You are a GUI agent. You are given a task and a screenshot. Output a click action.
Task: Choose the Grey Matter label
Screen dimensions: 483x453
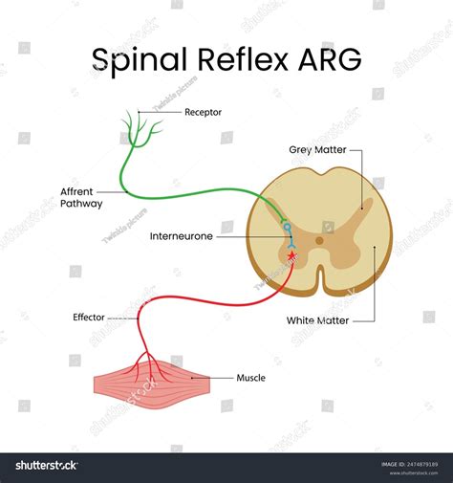click(x=317, y=150)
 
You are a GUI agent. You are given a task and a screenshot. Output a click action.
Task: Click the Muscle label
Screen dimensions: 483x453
click(x=250, y=378)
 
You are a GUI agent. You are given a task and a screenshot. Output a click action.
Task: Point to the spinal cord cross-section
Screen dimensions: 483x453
click(x=319, y=230)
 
